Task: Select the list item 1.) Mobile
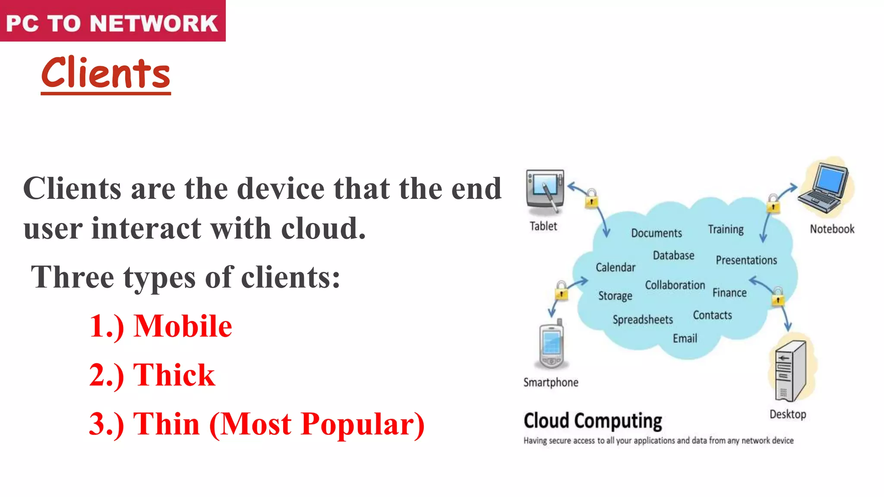click(x=161, y=326)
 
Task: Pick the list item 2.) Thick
click(x=152, y=374)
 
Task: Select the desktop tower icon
click(x=790, y=370)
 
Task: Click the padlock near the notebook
click(x=773, y=204)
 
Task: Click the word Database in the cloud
click(x=673, y=255)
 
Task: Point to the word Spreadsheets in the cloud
click(x=643, y=320)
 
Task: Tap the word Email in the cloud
click(x=685, y=339)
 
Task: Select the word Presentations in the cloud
click(x=746, y=260)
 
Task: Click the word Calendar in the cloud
click(x=616, y=267)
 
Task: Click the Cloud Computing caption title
click(x=593, y=421)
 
